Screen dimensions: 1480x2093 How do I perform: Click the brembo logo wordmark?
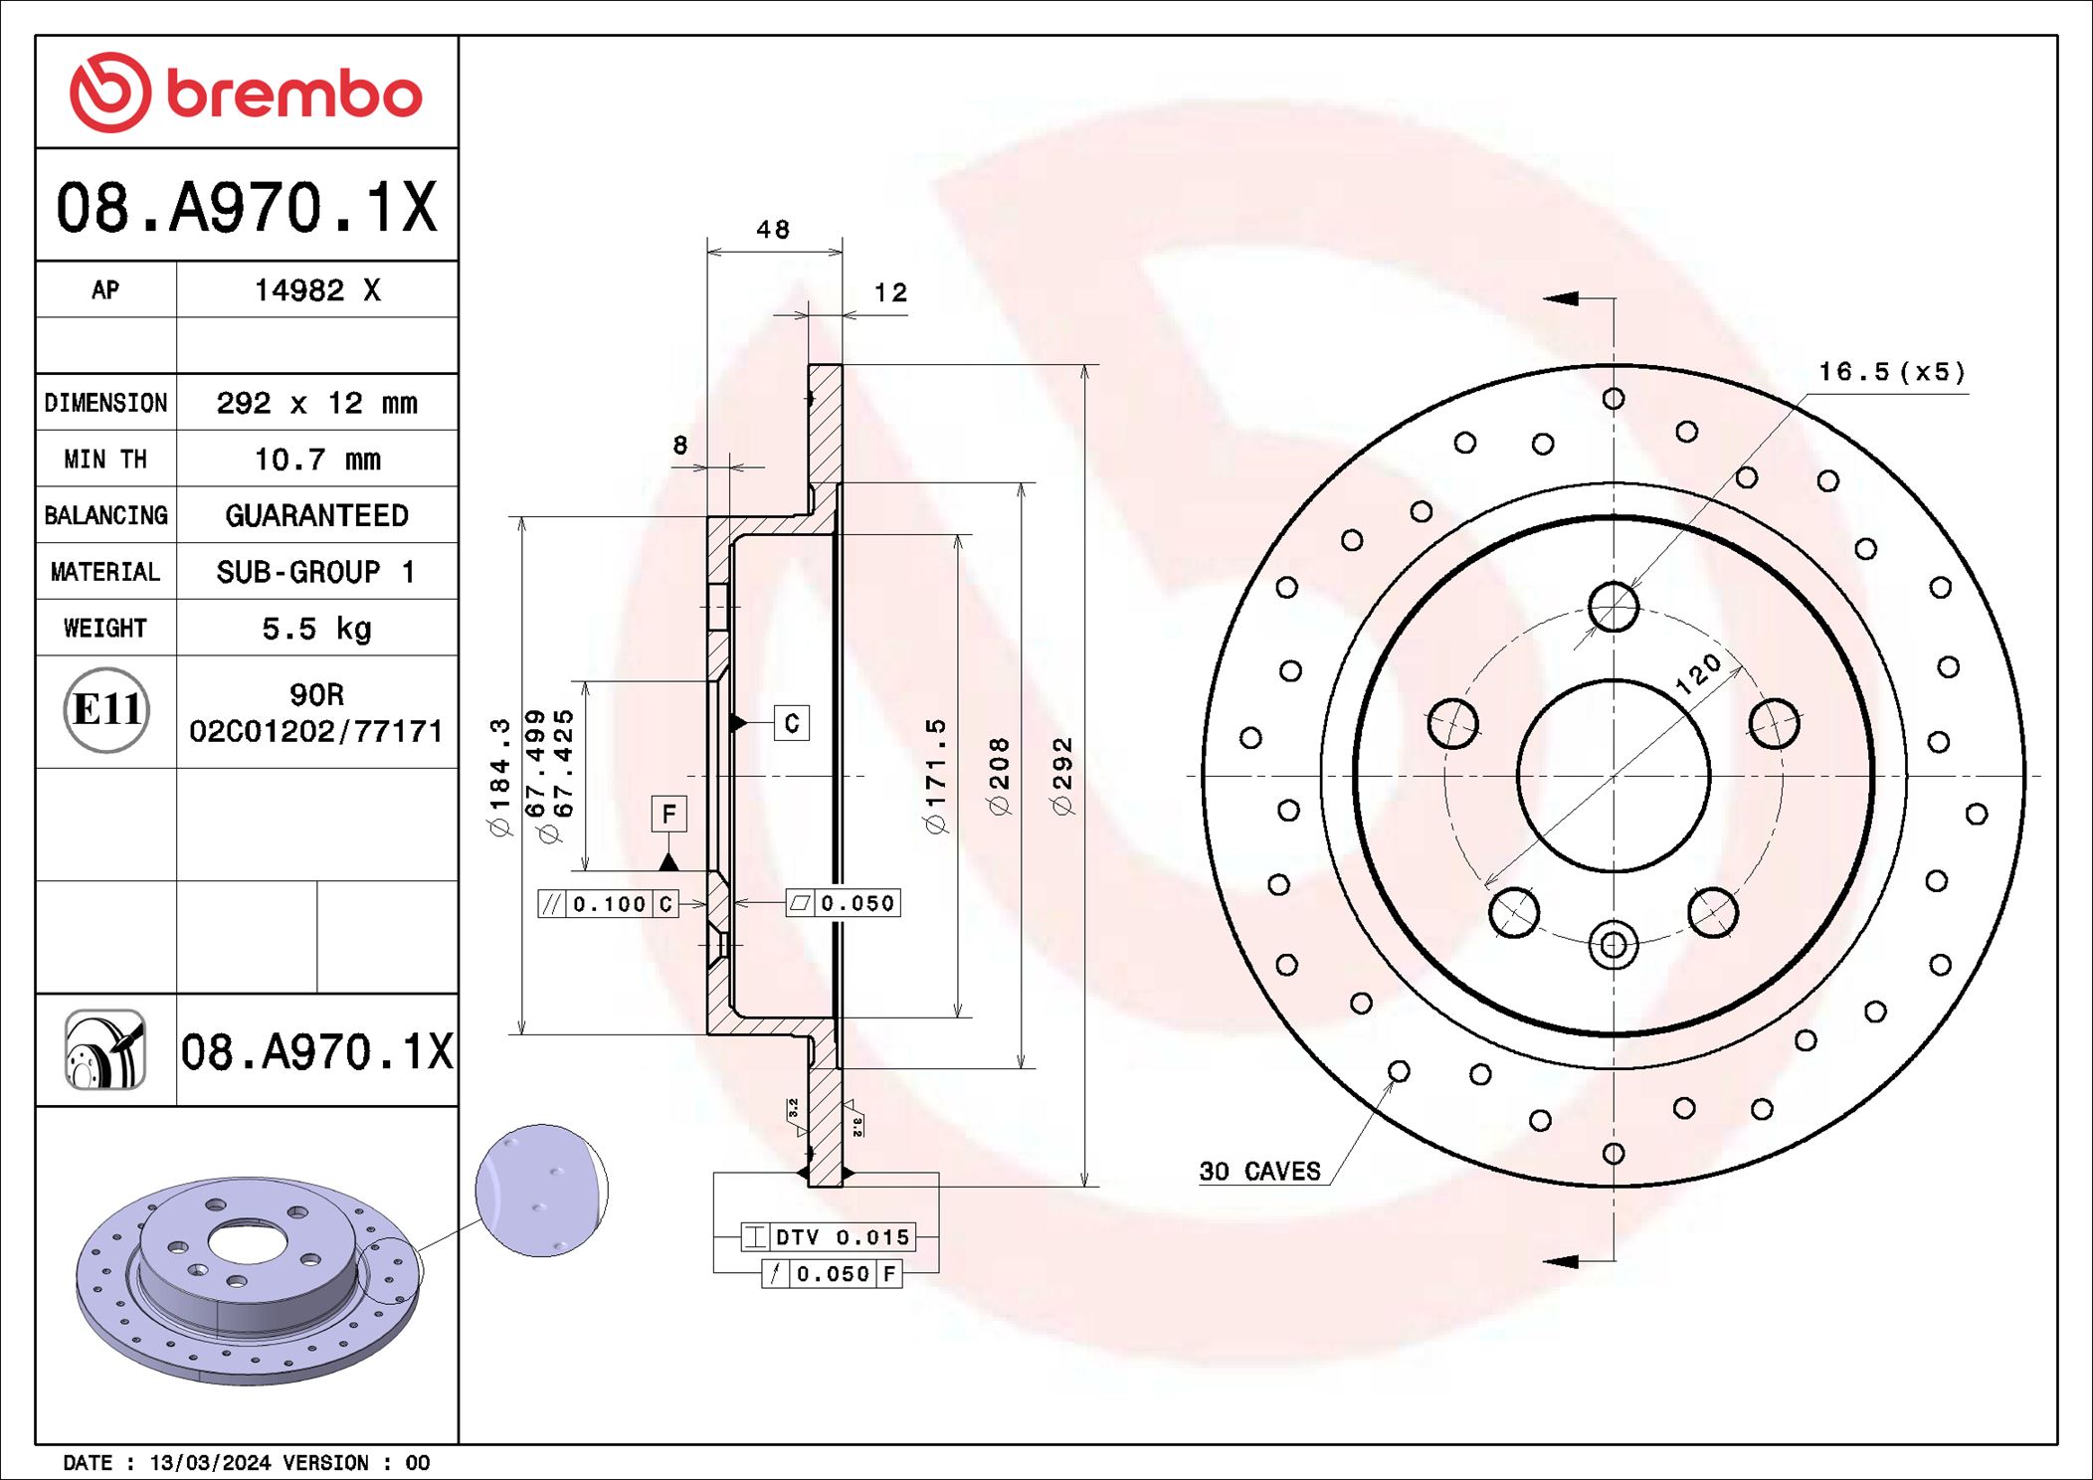[x=293, y=94]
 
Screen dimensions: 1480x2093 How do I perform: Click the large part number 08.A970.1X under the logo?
[x=246, y=208]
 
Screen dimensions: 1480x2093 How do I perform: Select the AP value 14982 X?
[x=316, y=290]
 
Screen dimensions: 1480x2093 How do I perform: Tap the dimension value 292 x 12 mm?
[x=316, y=403]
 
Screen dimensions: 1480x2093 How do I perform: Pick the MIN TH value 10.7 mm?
[x=316, y=460]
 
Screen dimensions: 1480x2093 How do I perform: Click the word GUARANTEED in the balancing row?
[x=316, y=515]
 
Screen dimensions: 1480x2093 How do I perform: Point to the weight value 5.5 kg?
[x=316, y=629]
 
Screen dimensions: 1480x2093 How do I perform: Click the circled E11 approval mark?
[x=106, y=710]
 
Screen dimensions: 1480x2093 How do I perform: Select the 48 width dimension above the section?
[x=773, y=230]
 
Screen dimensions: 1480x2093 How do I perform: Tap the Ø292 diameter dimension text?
[x=1063, y=776]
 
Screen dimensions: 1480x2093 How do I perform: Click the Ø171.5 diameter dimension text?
[x=936, y=776]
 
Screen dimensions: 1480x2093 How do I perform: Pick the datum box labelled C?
[x=792, y=723]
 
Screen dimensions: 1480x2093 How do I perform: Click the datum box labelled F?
[x=668, y=815]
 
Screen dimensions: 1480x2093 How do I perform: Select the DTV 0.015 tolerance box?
[x=828, y=1237]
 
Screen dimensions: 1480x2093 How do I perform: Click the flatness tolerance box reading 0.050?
[x=844, y=903]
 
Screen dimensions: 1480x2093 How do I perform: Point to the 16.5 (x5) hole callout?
[x=1891, y=372]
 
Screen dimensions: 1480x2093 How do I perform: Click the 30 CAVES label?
[x=1259, y=1171]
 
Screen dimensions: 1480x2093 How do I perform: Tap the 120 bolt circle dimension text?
[x=1697, y=673]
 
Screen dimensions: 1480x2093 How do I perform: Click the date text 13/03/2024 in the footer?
[x=210, y=1462]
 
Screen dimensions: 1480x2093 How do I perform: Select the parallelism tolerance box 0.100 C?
[x=608, y=903]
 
